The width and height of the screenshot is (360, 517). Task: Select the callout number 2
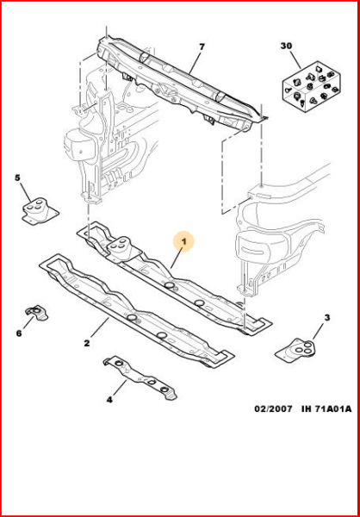pos(87,343)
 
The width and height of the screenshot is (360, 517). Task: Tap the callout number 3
pos(326,319)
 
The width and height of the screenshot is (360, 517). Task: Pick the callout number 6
pos(19,333)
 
